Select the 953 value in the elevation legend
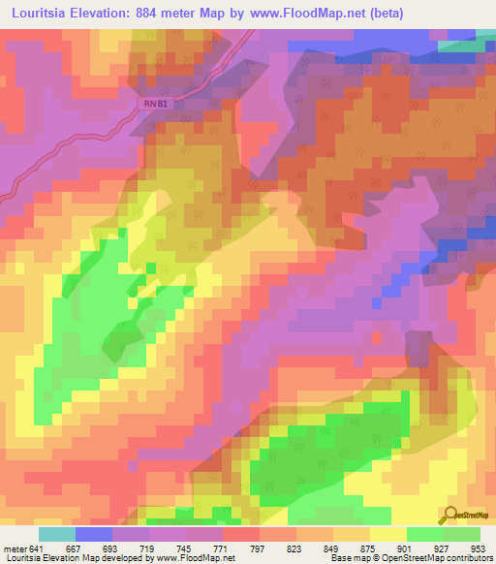pyautogui.click(x=479, y=548)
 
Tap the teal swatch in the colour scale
pyautogui.click(x=57, y=534)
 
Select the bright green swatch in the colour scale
pyautogui.click(x=424, y=534)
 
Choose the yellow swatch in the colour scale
pyautogui.click(x=387, y=534)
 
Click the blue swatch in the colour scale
pyautogui.click(x=94, y=534)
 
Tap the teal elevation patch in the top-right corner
pyautogui.click(x=464, y=45)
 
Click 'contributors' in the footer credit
pyautogui.click(x=468, y=559)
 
